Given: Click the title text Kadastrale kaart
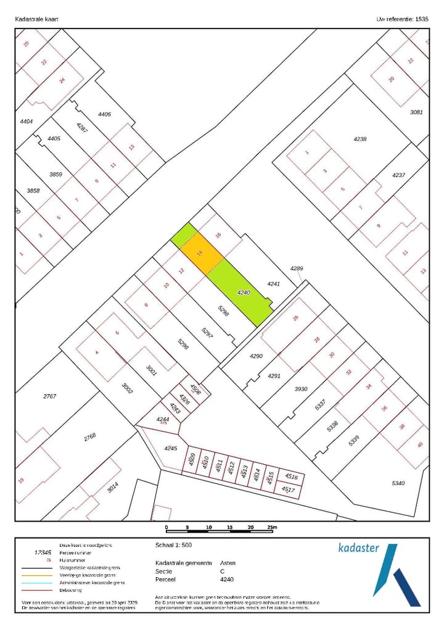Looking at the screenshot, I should tap(37, 19).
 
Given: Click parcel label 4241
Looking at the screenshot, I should tap(273, 284).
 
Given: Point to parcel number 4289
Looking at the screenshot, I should tap(297, 269).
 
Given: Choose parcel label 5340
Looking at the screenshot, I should tap(398, 483).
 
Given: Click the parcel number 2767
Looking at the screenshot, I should tap(49, 396).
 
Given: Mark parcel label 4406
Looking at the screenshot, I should tap(104, 114).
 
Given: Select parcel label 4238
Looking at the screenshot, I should tap(360, 139).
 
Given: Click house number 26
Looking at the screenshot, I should tap(295, 319).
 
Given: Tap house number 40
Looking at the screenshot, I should tap(420, 445).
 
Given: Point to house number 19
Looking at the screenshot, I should tap(21, 481).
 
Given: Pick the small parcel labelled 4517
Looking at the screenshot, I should tap(288, 489).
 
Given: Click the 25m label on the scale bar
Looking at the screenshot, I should tap(271, 528).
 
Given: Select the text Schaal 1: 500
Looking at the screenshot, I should tap(174, 546).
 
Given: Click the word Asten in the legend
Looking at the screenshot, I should tap(228, 563).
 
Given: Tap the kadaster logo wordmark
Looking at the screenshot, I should tap(360, 548).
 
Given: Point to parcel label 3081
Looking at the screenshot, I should tap(417, 112).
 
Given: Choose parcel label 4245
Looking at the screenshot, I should tap(170, 448).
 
